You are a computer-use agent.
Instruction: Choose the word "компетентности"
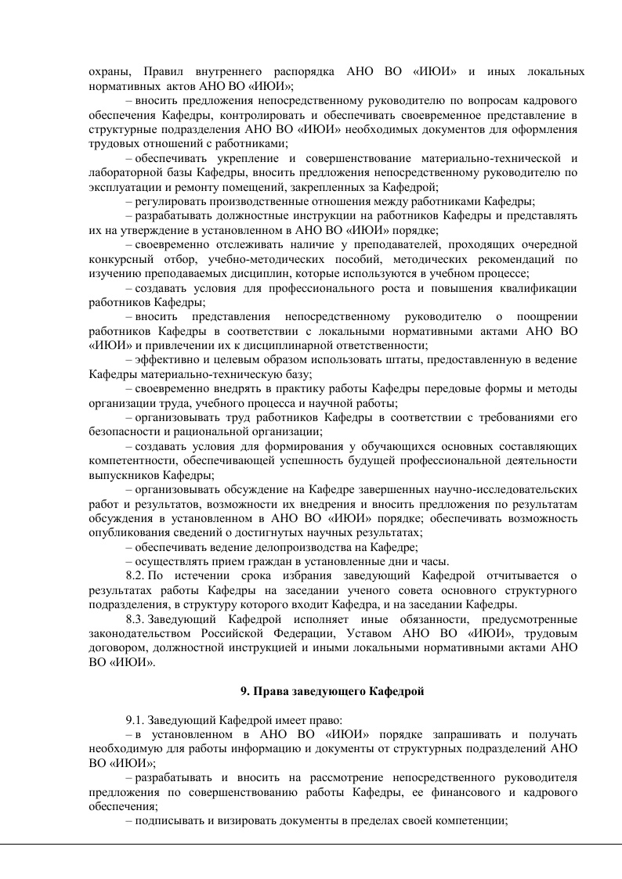[131, 459]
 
